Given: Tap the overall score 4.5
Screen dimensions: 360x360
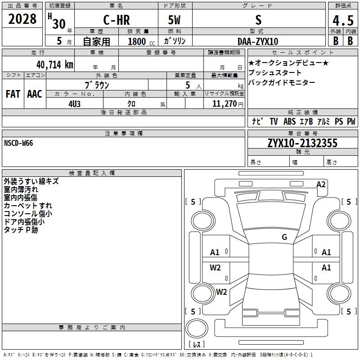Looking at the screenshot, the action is (x=343, y=21).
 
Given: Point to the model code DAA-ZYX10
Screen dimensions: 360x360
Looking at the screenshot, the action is (x=258, y=41).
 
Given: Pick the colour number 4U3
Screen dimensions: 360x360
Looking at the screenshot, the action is (x=74, y=103).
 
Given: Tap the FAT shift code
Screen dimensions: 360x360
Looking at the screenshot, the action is (x=13, y=94).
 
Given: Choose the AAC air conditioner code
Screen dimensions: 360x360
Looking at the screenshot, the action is (x=34, y=94).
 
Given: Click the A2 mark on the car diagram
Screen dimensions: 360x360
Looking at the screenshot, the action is (x=321, y=184).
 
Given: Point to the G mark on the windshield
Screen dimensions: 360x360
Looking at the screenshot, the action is (x=284, y=237).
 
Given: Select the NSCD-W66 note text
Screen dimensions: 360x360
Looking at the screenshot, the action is (x=18, y=143).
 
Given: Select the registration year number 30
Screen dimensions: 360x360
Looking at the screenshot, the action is (x=58, y=24).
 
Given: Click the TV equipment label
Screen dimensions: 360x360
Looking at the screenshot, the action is (x=274, y=121).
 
